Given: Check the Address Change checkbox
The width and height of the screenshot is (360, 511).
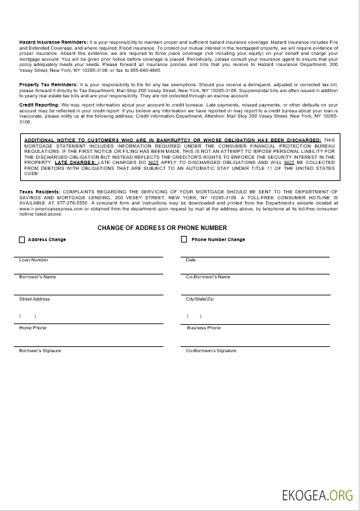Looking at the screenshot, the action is (22, 240).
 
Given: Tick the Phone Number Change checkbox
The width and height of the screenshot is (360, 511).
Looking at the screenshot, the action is (184, 240).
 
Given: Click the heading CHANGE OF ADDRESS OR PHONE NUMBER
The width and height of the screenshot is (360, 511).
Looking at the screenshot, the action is (162, 228).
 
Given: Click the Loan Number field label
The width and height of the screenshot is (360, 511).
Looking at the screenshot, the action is (33, 260).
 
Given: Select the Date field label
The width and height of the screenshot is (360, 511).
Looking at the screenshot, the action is (191, 260).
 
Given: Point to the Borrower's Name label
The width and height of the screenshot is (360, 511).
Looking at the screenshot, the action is (37, 277).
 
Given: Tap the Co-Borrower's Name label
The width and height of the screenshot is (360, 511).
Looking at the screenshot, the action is (208, 277).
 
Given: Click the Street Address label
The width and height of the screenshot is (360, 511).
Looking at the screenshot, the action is (35, 299).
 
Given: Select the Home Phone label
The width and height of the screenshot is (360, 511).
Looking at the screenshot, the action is (33, 328).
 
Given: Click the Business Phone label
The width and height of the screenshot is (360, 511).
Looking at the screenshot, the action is (204, 328).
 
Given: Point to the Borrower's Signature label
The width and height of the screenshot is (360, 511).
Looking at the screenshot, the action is (40, 351).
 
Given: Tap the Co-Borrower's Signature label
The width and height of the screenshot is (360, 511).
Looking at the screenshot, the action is (211, 351).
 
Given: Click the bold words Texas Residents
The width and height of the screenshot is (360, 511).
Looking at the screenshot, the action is (39, 191).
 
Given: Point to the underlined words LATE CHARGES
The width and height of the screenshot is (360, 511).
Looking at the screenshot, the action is (75, 161).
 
